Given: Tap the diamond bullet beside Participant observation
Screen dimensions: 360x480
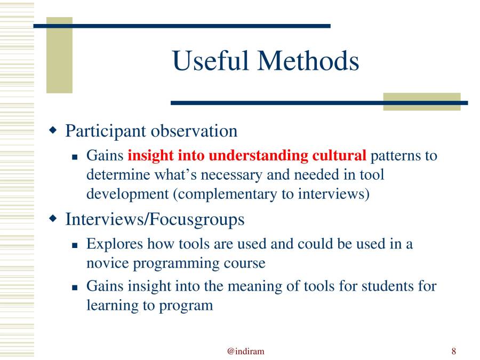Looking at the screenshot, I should [52, 130].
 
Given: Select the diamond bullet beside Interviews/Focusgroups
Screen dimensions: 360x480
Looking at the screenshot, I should [52, 218].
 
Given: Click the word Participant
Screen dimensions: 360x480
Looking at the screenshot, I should [106, 131].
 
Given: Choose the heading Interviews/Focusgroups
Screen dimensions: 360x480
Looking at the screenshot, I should [155, 219].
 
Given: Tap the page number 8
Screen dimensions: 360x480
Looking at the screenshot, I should [453, 351].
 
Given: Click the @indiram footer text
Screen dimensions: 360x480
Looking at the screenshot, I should [245, 351].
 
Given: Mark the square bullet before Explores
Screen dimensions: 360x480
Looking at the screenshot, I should [75, 245].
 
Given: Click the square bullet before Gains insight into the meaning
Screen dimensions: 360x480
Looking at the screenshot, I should [75, 287].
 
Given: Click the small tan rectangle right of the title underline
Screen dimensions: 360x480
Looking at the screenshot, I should [421, 101].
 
